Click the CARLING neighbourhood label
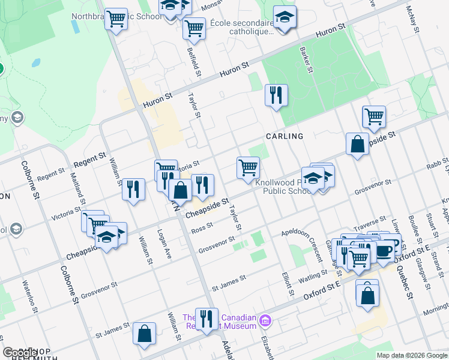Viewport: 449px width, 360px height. coord(285,136)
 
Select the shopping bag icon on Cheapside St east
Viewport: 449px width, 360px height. coord(357,145)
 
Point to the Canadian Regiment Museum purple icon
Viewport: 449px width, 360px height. coord(265,322)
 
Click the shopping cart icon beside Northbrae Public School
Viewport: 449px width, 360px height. coord(116,20)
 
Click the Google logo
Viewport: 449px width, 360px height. coord(20,353)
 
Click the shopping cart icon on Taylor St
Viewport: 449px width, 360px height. coord(247,167)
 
